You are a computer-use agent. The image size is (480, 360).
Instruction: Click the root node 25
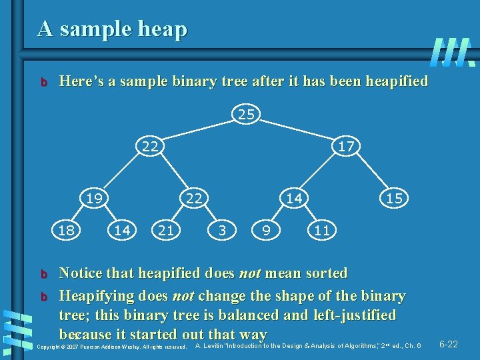tap(246, 115)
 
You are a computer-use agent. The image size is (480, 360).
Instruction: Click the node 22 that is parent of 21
tap(193, 197)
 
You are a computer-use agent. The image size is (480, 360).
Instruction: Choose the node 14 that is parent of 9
tap(294, 197)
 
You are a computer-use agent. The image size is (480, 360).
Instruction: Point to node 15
tap(393, 198)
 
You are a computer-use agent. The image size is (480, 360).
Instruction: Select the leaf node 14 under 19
tap(121, 231)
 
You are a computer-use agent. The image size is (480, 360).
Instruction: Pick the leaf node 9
tap(266, 231)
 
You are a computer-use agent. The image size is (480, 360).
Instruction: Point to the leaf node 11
tap(323, 231)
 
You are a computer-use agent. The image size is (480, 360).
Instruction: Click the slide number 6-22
tap(448, 344)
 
